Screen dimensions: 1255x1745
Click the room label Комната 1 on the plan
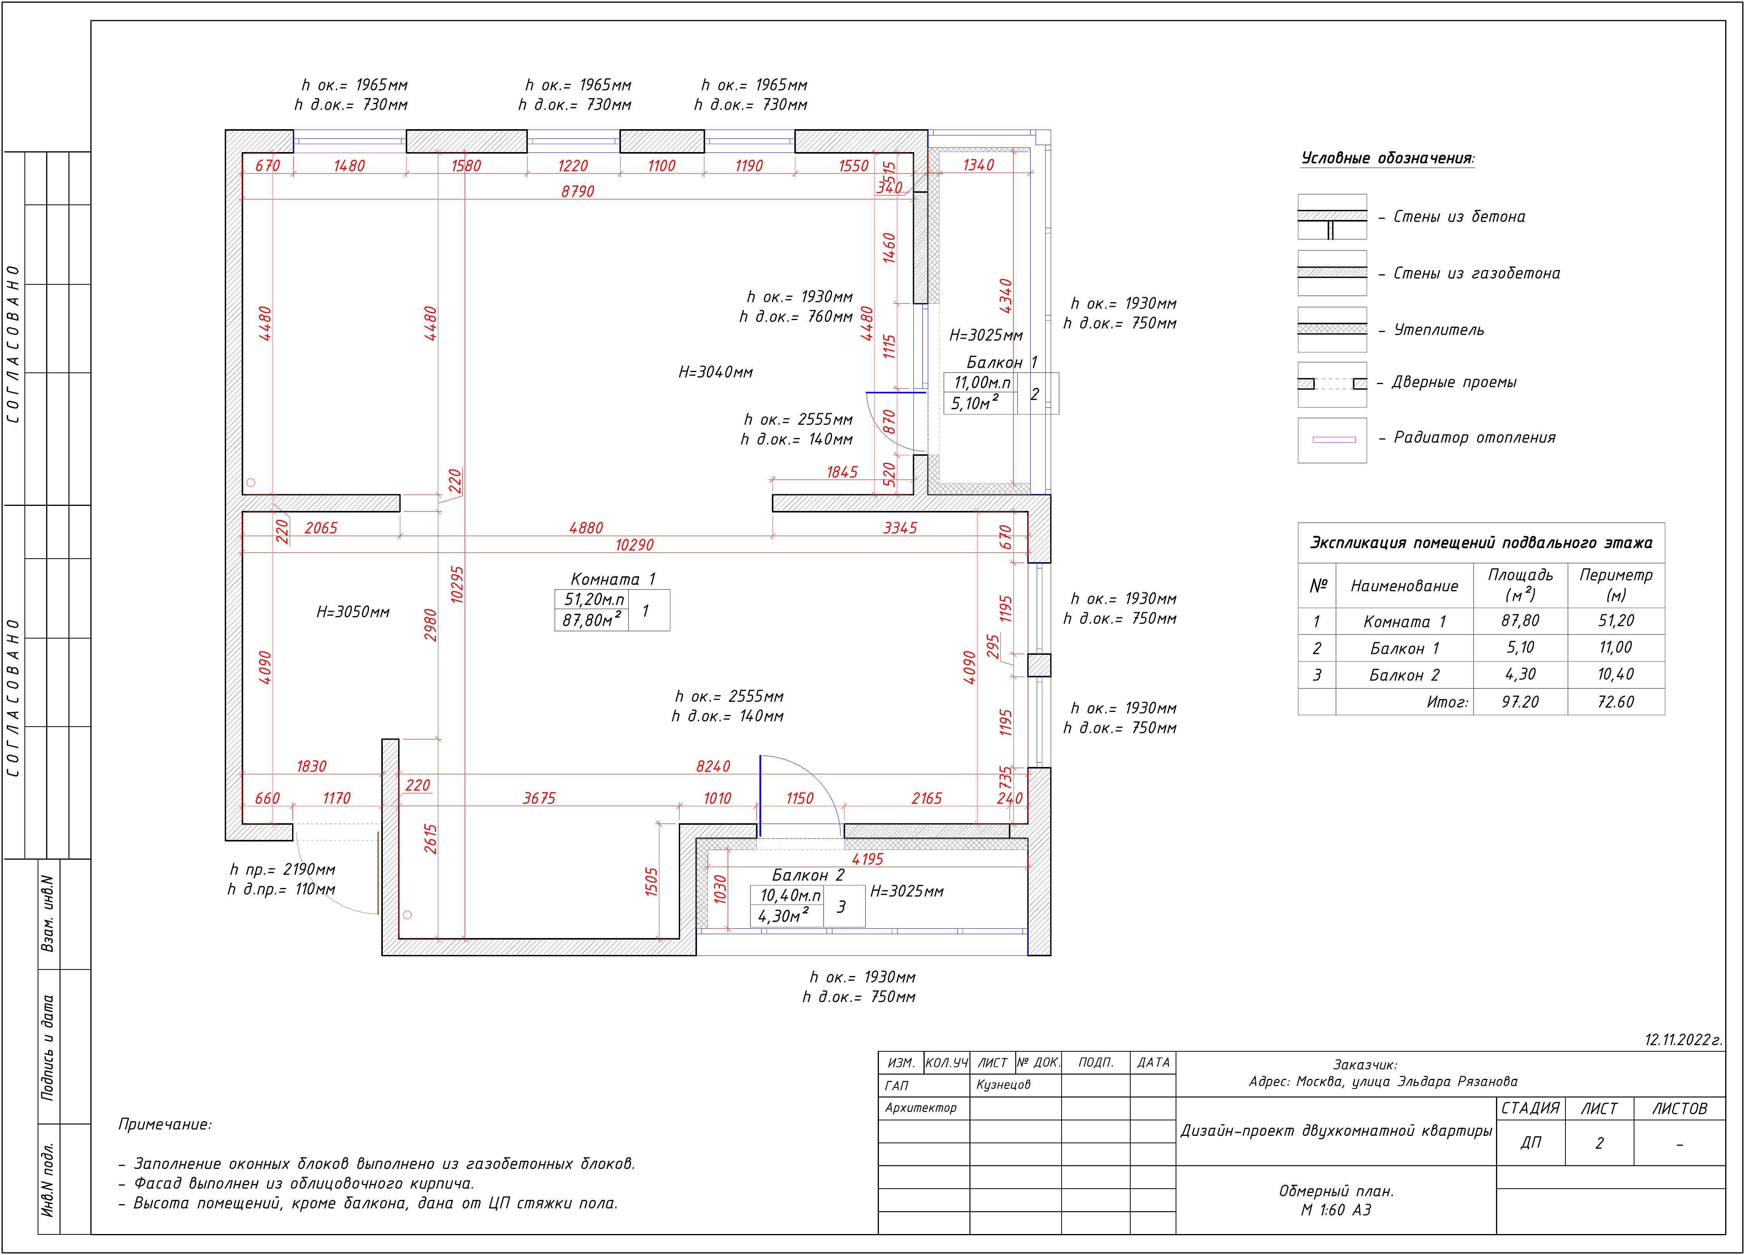pyautogui.click(x=612, y=579)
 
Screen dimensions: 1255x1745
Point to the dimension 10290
pyautogui.click(x=634, y=545)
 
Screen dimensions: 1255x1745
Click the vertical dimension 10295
pyautogui.click(x=457, y=585)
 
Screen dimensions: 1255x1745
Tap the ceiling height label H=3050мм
pyautogui.click(x=353, y=612)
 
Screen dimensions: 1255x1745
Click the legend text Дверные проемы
pyautogui.click(x=1454, y=383)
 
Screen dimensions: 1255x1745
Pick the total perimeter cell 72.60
pyautogui.click(x=1615, y=702)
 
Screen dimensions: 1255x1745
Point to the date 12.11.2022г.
pyautogui.click(x=1683, y=1040)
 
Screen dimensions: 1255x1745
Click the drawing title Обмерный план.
pyautogui.click(x=1336, y=1191)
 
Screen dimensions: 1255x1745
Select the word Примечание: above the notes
pyautogui.click(x=165, y=1124)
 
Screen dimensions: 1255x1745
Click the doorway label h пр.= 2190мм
pyautogui.click(x=282, y=869)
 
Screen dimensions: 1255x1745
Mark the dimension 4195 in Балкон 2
pyautogui.click(x=867, y=859)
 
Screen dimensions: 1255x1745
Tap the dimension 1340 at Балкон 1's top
pyautogui.click(x=978, y=164)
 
